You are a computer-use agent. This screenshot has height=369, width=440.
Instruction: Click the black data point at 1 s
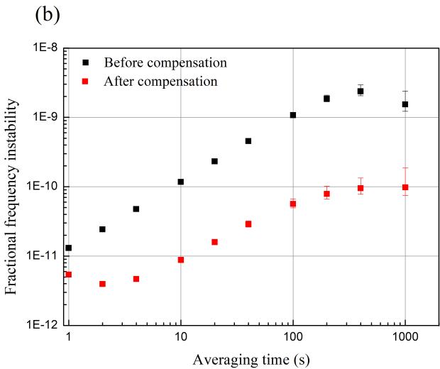[x=68, y=248]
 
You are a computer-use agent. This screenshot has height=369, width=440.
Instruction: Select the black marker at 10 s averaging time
[x=181, y=182]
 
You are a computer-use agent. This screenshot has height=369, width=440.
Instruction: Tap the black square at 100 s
[x=292, y=115]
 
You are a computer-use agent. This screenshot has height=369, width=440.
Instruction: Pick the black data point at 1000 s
[x=405, y=104]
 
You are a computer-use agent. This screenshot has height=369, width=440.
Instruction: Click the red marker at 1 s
[x=68, y=274]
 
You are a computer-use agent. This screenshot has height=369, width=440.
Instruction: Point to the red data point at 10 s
[x=181, y=260]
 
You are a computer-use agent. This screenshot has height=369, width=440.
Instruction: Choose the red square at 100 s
[x=292, y=204]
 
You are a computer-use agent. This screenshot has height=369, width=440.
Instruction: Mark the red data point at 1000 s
[x=405, y=187]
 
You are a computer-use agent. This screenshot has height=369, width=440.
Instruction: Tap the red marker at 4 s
[x=136, y=279]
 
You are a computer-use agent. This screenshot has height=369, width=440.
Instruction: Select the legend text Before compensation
[x=165, y=62]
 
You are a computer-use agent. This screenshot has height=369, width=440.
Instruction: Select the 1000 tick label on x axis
[x=405, y=338]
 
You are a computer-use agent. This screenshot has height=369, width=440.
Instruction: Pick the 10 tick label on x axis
[x=181, y=338]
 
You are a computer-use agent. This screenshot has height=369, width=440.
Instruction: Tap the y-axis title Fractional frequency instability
[x=12, y=187]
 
